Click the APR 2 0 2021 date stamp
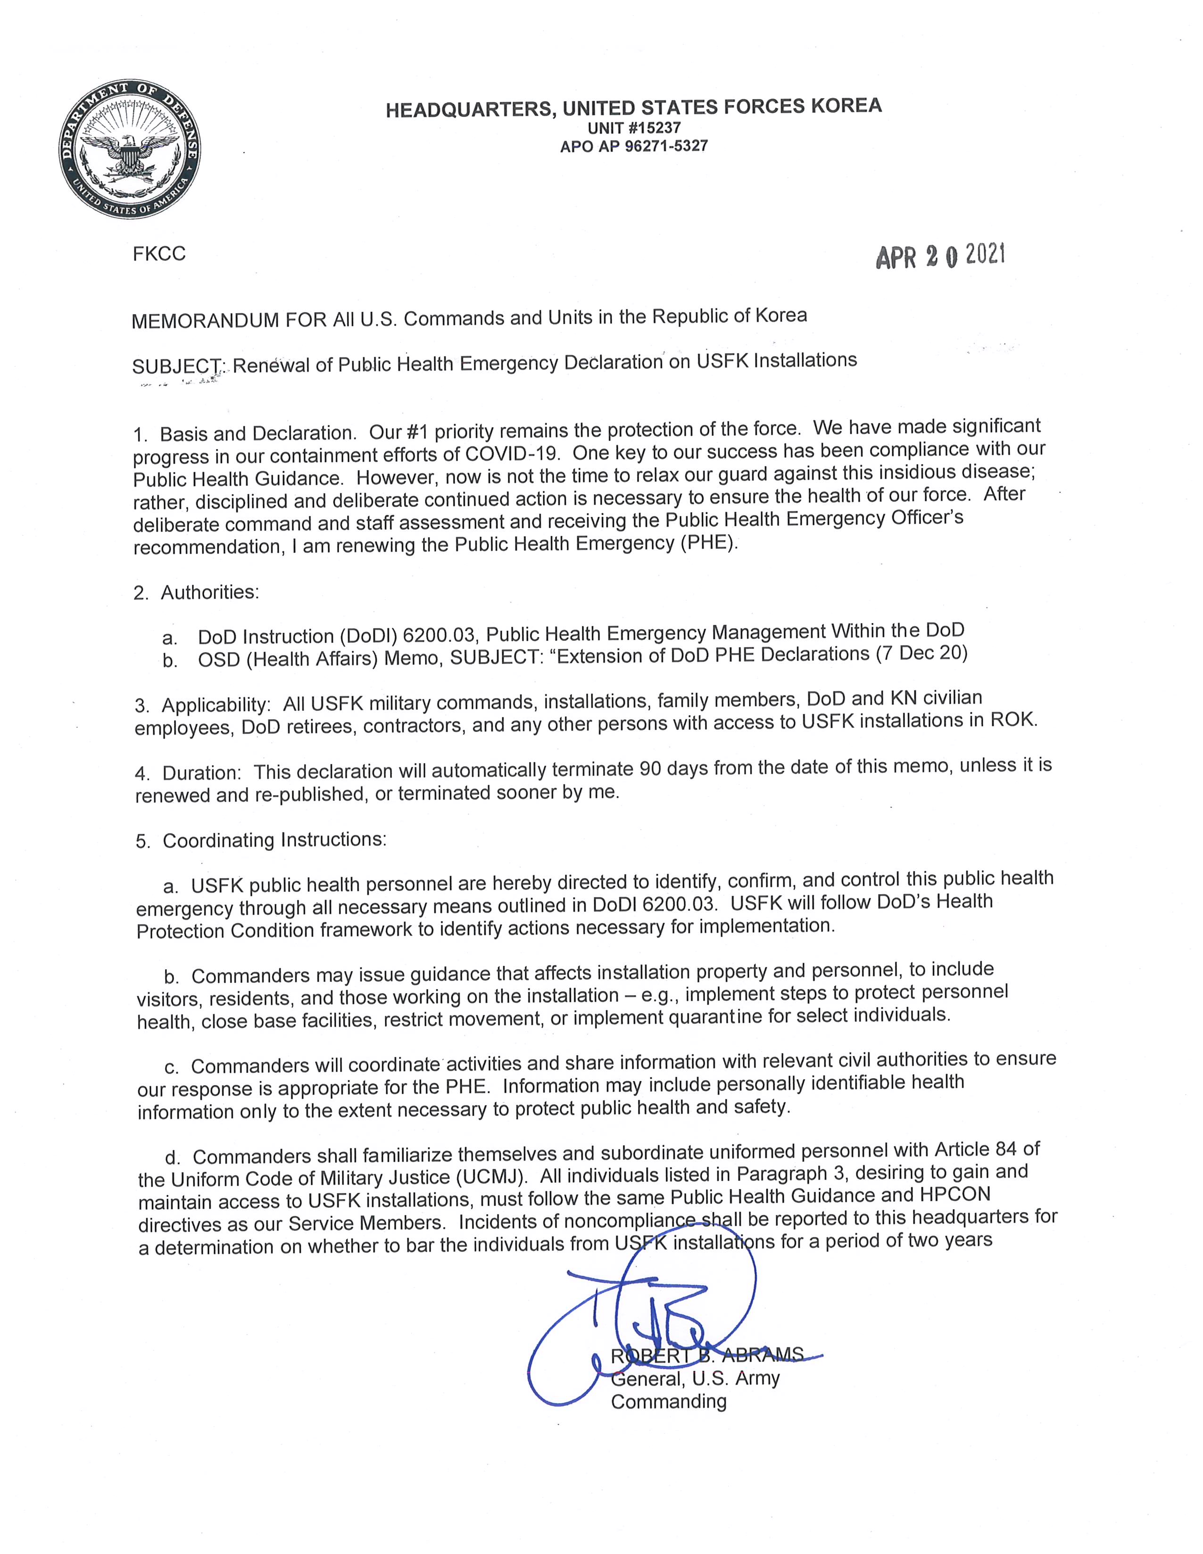pos(940,256)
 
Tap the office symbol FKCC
pos(158,254)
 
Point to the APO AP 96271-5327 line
pos(633,147)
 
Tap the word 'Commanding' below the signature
pos(669,1402)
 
